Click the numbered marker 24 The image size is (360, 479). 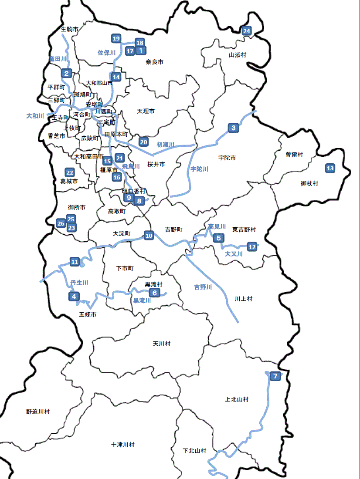coord(247,31)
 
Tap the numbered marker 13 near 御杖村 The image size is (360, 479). coord(330,169)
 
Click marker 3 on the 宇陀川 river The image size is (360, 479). coord(234,128)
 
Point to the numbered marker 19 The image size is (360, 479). coord(116,39)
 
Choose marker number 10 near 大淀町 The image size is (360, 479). coord(149,236)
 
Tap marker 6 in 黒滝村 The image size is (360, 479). coord(154,293)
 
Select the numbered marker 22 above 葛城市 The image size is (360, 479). coord(69,172)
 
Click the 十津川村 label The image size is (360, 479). coord(123,445)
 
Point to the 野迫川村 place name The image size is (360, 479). coord(38,411)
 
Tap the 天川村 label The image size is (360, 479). coord(162,344)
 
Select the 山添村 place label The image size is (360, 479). coord(238,55)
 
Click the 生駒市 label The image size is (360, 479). coord(70,29)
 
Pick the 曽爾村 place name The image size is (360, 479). coord(294,154)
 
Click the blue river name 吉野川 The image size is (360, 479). coord(203,287)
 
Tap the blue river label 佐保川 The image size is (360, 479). coord(106,53)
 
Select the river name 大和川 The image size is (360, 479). coord(35,116)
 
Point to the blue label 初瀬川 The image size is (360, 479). coord(165,144)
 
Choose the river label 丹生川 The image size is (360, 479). coord(79,283)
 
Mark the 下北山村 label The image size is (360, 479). coord(194,451)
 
